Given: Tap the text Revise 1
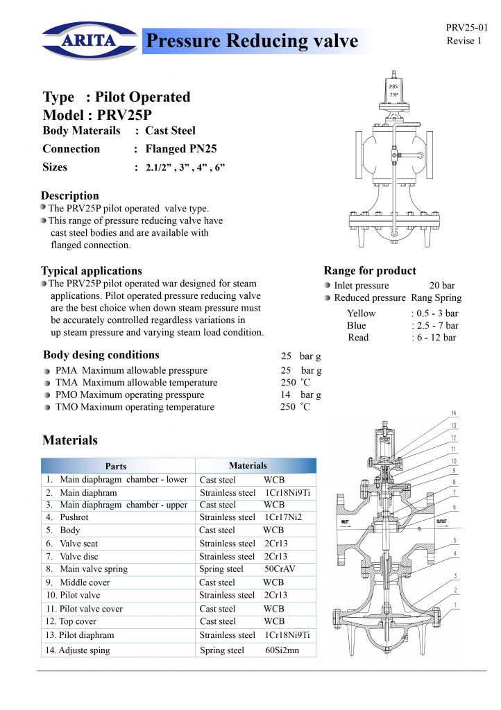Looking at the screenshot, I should click(464, 41).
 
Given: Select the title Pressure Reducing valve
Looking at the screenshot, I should click(250, 42).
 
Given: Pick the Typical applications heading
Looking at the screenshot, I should click(92, 270).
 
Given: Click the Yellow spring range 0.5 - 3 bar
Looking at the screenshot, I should click(434, 313).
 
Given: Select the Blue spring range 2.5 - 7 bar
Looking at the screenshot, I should click(434, 325).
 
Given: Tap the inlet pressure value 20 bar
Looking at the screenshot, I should click(442, 286).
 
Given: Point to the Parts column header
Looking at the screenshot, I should click(116, 467).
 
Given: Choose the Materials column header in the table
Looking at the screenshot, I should click(248, 466).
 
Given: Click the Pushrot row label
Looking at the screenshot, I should click(74, 517).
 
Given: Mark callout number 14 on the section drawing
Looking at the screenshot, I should click(454, 414).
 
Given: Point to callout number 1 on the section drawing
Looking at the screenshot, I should click(455, 605).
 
